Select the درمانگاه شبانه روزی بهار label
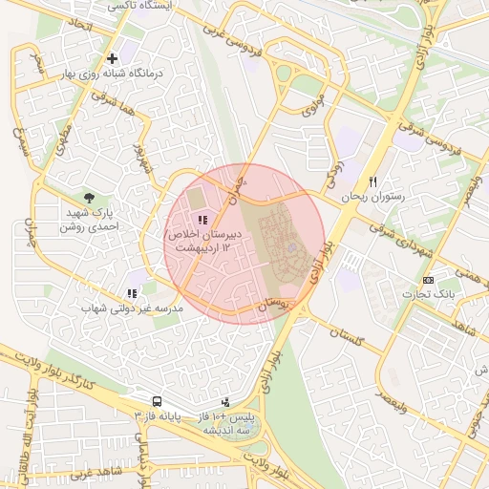click(x=113, y=74)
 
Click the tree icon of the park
click(x=90, y=197)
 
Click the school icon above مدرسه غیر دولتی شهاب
click(x=131, y=293)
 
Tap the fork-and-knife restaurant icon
click(x=373, y=181)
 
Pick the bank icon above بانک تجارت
click(x=427, y=280)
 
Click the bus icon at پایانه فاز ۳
click(x=156, y=402)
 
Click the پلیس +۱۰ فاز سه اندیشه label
click(x=228, y=424)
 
